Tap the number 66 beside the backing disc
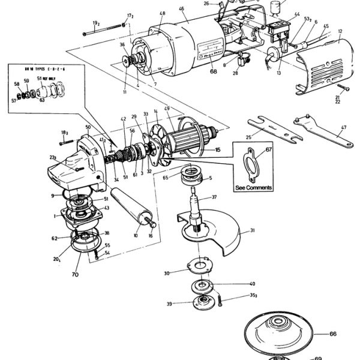pos(334,334)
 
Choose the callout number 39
pos(169,304)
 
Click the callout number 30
pos(166,272)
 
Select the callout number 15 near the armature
pos(218,149)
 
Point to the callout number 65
pos(164,178)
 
